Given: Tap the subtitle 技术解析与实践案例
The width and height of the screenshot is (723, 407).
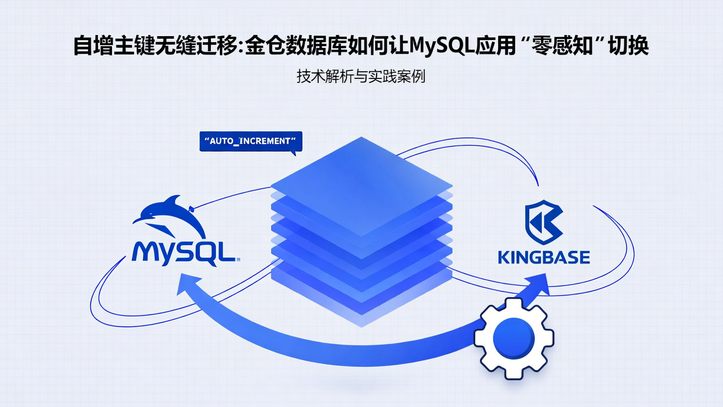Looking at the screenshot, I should (361, 77).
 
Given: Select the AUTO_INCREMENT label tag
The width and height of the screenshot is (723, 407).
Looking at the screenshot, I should (251, 141).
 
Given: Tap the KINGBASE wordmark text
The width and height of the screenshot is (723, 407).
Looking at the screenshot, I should (544, 257).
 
